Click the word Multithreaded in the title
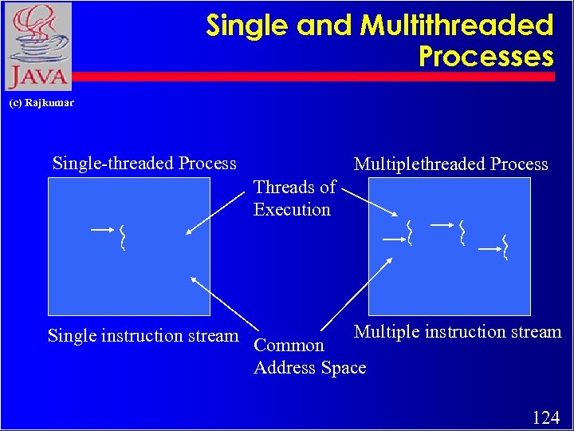[x=456, y=26]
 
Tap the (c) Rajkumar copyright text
[x=41, y=103]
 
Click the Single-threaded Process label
[x=144, y=164]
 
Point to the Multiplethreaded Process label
[x=450, y=164]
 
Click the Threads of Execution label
[x=293, y=199]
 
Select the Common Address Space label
[x=309, y=357]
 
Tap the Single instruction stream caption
[x=143, y=336]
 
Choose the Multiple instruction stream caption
[x=458, y=332]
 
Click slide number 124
[x=545, y=417]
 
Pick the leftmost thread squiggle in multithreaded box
[x=409, y=232]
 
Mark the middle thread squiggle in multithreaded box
[x=462, y=231]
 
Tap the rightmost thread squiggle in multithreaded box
[x=505, y=247]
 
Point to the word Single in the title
[x=247, y=26]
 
